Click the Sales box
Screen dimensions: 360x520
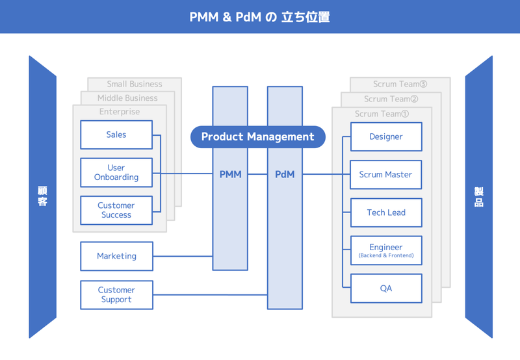coord(116,135)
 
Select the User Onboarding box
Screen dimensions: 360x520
coord(116,172)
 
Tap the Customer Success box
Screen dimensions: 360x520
coord(116,210)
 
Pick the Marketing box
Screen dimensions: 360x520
coord(116,256)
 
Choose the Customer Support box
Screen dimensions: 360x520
coord(116,294)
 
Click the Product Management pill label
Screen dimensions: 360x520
coord(257,136)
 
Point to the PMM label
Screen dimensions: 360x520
coord(230,174)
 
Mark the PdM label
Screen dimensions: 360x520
coord(285,174)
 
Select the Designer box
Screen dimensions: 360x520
coord(386,136)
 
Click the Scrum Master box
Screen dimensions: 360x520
coord(386,174)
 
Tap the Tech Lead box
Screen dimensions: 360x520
coord(386,212)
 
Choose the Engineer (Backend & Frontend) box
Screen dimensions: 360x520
coord(386,250)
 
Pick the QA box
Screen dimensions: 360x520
coord(386,288)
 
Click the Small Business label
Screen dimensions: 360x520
coord(135,84)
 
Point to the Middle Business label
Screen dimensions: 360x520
coord(127,98)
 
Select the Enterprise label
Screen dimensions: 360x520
coord(120,112)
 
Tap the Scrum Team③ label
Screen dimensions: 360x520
coord(400,84)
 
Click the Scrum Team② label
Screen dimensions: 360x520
coord(391,99)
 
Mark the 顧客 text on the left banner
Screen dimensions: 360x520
coord(42,196)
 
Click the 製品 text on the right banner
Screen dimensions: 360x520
coord(478,196)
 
